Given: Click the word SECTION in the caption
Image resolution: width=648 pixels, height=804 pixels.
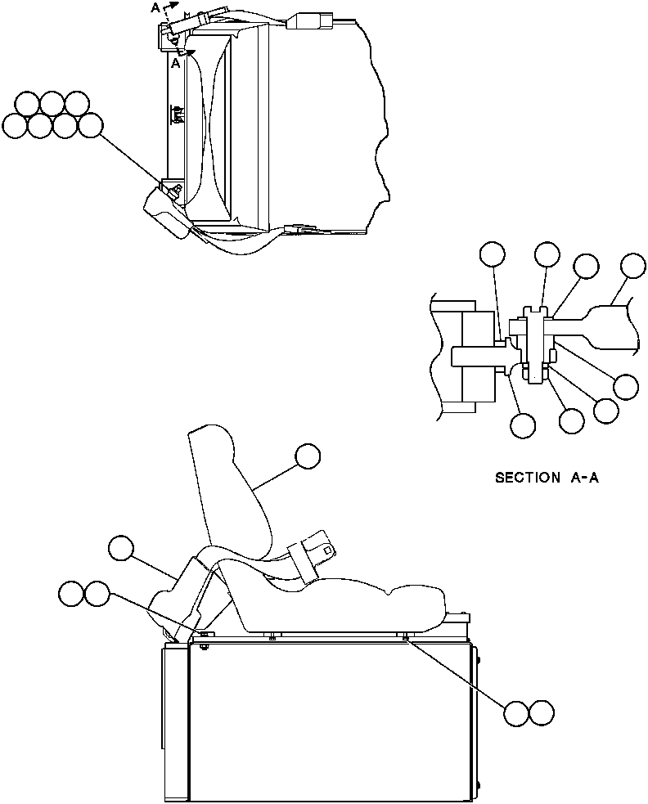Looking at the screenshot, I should pyautogui.click(x=527, y=477).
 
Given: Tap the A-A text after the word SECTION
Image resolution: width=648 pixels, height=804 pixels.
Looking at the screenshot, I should pyautogui.click(x=584, y=477).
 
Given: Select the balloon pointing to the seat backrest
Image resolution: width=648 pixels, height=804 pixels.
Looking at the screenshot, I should pyautogui.click(x=308, y=456).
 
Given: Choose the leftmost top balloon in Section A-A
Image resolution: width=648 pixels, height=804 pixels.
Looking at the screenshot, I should pyautogui.click(x=493, y=255).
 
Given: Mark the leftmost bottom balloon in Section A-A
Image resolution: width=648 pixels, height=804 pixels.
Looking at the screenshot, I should pyautogui.click(x=522, y=425).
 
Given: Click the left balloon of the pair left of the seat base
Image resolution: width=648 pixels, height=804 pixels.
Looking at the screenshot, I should pyautogui.click(x=72, y=594).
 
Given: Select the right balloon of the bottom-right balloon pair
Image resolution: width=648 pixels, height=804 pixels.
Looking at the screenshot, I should pyautogui.click(x=541, y=713).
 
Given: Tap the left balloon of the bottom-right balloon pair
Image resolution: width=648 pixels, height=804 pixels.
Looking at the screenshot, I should pyautogui.click(x=517, y=713).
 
